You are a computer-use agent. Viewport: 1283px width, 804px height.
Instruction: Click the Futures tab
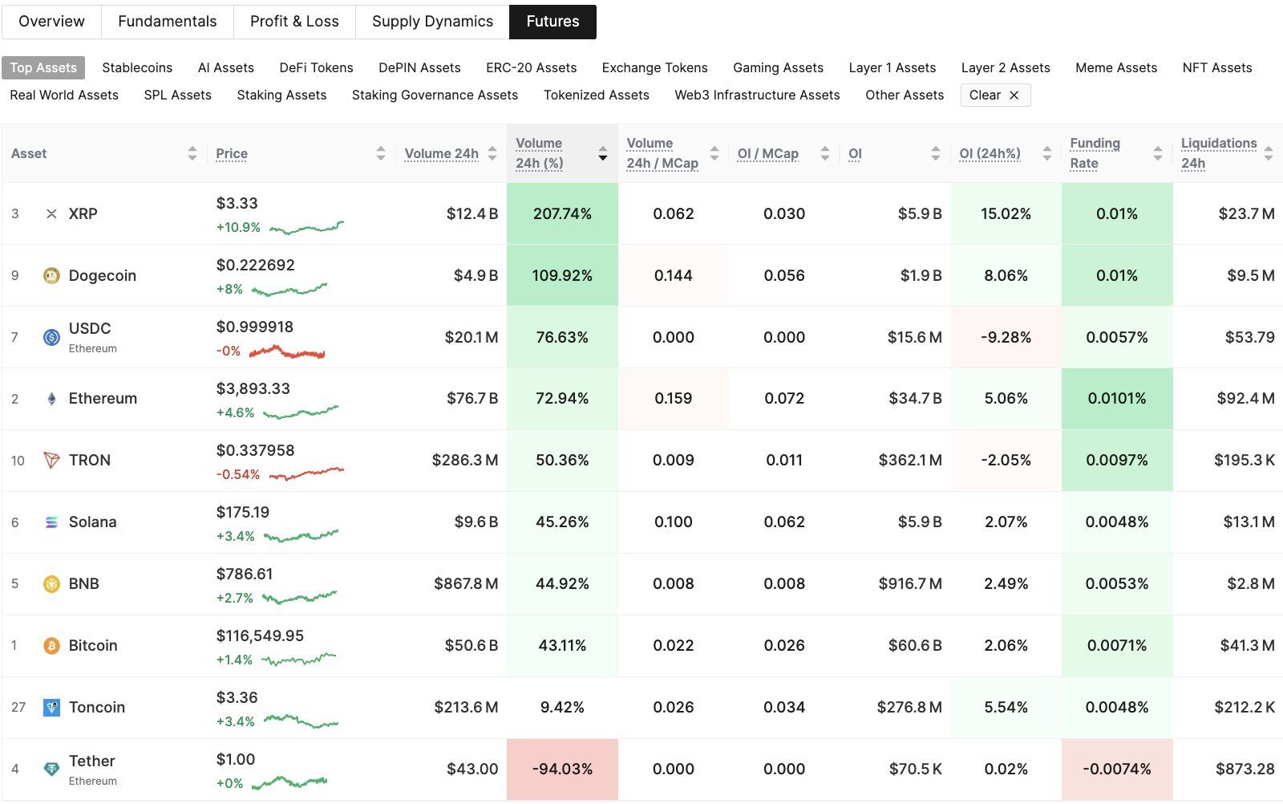552,22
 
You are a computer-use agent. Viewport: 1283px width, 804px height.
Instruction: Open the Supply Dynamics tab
432,22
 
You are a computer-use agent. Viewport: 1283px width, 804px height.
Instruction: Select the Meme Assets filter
1115,68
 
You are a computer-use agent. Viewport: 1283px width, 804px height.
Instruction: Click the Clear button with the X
994,95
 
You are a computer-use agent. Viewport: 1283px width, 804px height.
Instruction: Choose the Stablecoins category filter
137,68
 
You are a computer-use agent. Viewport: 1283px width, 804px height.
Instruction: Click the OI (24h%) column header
990,153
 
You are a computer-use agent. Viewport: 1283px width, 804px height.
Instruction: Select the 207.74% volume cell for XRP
562,214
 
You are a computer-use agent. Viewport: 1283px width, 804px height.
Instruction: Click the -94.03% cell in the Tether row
562,769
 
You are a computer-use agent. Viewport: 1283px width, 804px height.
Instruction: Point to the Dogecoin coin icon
51,276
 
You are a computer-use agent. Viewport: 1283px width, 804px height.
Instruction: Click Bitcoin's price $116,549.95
260,636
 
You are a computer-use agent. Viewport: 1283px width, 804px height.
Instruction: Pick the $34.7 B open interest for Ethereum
914,399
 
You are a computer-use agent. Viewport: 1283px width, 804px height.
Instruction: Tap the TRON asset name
89,461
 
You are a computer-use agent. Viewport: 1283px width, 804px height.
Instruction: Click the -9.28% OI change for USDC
1006,338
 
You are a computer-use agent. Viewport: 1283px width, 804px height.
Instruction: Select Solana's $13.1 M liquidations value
1248,522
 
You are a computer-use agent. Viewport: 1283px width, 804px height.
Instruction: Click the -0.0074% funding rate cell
1116,769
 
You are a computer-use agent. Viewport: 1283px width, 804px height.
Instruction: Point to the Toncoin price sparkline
301,721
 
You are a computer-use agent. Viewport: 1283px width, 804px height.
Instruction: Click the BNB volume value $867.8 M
465,584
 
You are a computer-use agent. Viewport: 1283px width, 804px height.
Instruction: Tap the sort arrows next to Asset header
192,153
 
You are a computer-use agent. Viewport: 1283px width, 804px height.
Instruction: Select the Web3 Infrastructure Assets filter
757,95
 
